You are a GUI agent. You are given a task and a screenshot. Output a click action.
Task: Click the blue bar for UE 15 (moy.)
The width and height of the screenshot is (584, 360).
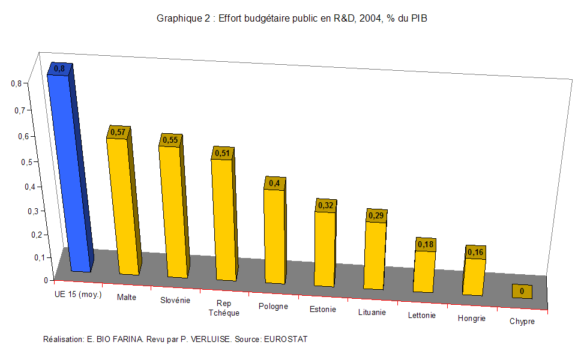tap(70, 174)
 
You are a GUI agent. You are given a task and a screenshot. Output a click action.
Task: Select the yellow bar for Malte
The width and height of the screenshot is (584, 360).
tap(122, 207)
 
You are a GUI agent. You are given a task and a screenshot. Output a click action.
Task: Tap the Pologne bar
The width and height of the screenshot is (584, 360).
tap(274, 237)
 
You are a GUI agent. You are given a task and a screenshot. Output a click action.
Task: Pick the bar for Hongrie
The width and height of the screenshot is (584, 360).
tap(474, 276)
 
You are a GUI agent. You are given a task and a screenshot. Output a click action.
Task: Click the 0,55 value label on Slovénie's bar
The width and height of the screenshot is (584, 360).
tap(170, 140)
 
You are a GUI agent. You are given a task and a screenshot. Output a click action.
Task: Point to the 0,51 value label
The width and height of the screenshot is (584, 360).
tap(222, 153)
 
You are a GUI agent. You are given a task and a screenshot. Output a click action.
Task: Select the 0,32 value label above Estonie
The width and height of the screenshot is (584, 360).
tap(325, 205)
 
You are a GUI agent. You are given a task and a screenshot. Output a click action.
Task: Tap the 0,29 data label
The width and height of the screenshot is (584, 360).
tap(376, 215)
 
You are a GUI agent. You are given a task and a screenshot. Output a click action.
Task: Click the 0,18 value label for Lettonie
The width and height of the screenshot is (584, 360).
tap(426, 244)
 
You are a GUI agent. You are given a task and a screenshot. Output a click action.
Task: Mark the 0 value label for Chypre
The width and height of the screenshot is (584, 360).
tap(522, 292)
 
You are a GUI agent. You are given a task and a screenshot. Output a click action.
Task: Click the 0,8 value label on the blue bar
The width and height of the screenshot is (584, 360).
tap(59, 69)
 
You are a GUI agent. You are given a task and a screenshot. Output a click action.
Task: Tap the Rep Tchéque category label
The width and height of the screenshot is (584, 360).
tap(224, 308)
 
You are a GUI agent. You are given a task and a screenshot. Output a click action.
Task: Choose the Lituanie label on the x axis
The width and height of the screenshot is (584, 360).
tap(372, 313)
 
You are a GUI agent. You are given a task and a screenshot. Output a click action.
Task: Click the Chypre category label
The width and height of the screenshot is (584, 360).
tap(522, 322)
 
